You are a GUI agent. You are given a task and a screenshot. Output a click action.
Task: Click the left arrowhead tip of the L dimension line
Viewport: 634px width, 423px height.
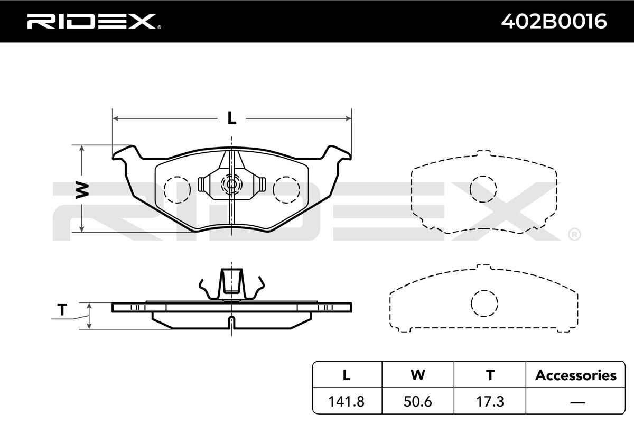click(113, 118)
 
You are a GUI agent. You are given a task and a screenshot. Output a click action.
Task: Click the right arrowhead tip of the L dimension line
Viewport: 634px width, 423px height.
click(351, 118)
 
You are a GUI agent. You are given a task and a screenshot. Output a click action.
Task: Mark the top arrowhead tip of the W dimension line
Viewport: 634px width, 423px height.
click(82, 145)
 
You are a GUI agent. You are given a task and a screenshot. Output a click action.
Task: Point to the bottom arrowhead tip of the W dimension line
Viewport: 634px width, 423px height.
click(82, 232)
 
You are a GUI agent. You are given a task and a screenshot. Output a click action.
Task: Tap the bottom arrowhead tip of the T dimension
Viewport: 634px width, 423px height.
click(89, 329)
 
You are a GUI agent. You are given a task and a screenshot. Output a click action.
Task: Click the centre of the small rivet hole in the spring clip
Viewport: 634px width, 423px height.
click(231, 184)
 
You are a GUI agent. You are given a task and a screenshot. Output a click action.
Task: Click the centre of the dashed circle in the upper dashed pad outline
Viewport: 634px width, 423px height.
click(483, 189)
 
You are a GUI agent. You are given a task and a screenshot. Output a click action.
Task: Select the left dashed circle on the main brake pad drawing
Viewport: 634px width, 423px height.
click(177, 190)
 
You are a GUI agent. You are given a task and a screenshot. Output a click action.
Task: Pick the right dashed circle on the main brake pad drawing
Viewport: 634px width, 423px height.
click(286, 190)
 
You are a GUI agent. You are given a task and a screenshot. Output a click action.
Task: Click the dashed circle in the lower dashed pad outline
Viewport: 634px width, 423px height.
click(484, 304)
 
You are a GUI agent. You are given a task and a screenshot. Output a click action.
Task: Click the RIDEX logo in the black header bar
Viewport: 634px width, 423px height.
click(94, 22)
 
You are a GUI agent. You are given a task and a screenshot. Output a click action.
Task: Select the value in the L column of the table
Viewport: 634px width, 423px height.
click(347, 401)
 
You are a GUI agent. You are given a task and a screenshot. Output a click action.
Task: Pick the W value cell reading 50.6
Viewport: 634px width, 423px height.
click(418, 401)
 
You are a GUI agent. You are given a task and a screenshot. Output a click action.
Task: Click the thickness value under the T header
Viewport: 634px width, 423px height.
click(490, 401)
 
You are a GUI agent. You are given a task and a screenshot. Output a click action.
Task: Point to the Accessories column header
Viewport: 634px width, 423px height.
click(576, 375)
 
